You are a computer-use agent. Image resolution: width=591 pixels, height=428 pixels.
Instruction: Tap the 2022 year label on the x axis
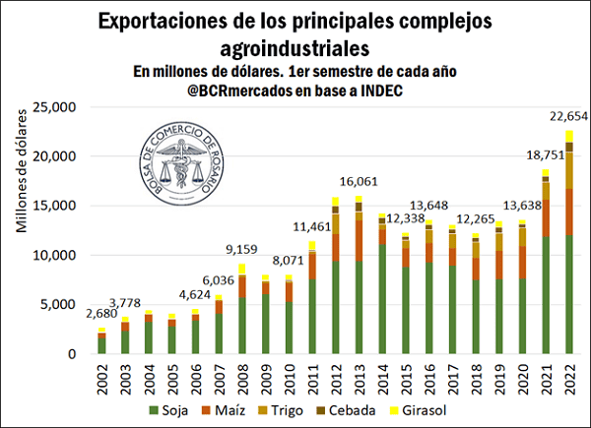coord(569,376)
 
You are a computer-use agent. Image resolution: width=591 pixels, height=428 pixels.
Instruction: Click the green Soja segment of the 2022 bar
coord(568,295)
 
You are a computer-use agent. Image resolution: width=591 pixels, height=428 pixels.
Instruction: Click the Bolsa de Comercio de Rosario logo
coord(188,157)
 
